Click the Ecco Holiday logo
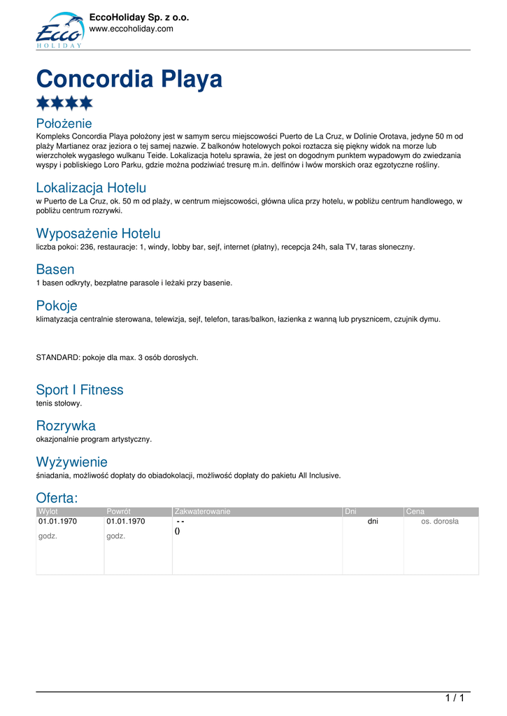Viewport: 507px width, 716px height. (59, 30)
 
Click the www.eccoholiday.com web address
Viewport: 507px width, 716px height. (131, 29)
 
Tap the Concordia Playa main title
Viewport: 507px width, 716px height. (129, 78)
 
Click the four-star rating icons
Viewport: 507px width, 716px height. (64, 103)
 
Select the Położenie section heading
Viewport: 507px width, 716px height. (64, 124)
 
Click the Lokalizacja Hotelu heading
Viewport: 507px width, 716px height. (91, 187)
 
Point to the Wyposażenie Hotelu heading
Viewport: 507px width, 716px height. (98, 234)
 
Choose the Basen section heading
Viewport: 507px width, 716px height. (55, 269)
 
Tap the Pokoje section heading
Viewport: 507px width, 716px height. (57, 306)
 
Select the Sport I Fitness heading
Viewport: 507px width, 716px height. (80, 390)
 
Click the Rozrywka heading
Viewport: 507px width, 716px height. (66, 426)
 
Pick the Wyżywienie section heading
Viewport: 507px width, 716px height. (72, 462)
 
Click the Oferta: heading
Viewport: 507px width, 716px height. (57, 498)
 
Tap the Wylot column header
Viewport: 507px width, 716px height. (48, 512)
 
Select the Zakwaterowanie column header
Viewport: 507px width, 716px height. (203, 512)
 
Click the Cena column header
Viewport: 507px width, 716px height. (415, 512)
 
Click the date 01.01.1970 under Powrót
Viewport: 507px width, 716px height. (126, 522)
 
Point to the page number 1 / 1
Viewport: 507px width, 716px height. (455, 698)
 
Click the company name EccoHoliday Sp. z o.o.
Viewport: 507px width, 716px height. (139, 17)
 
